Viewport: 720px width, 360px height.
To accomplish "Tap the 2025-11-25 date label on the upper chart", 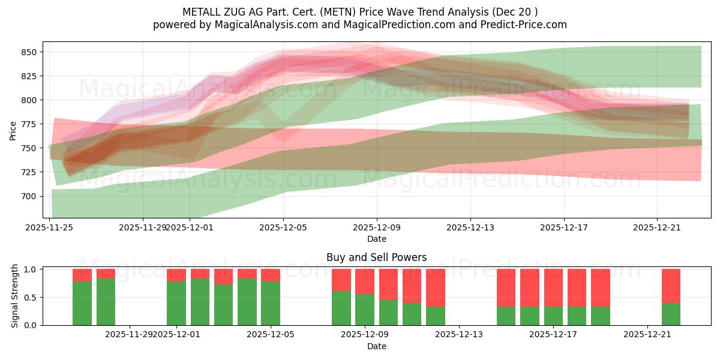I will (x=49, y=227).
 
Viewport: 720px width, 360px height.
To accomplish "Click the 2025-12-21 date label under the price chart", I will (x=657, y=227).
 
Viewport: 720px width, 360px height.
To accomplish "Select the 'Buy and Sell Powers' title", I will (x=376, y=257).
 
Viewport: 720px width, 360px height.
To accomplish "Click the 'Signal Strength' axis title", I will (x=15, y=297).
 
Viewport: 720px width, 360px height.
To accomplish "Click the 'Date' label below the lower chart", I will (x=376, y=346).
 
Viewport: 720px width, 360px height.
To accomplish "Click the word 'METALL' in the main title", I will (x=200, y=12).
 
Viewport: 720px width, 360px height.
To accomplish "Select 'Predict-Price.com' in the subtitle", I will (x=526, y=25).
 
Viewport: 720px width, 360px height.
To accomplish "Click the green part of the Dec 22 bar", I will (x=671, y=314).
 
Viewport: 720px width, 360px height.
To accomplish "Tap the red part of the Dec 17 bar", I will (x=553, y=287).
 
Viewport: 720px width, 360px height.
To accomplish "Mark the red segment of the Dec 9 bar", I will (x=365, y=281).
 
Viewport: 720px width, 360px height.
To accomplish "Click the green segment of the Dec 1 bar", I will (x=176, y=303).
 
